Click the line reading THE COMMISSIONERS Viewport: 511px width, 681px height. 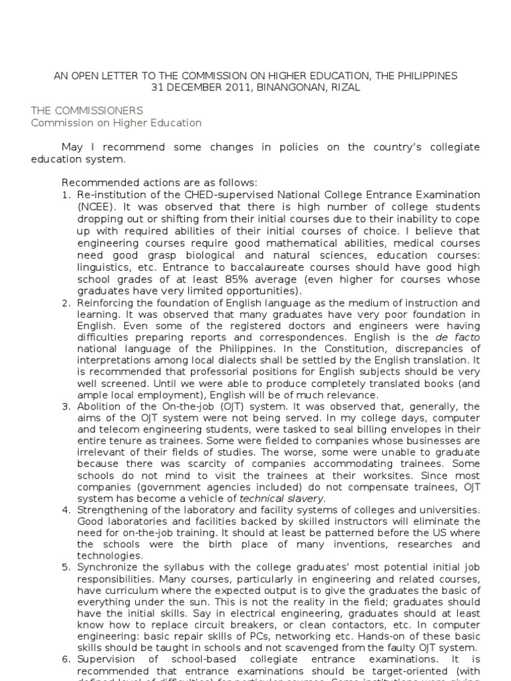(87, 110)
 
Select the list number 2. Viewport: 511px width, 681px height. (67, 303)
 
